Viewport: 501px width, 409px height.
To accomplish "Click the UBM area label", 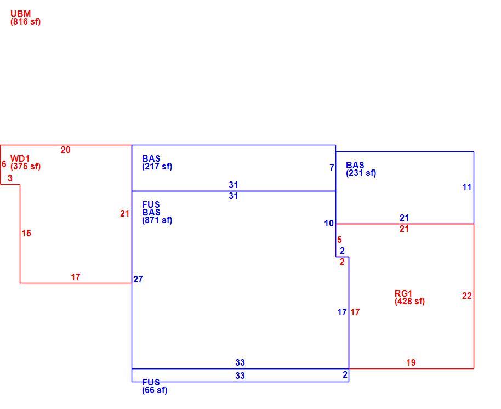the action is [20, 14].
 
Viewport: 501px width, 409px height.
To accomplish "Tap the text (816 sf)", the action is [26, 22].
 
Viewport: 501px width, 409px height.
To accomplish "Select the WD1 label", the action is [20, 158].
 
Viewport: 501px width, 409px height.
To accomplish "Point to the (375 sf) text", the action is [26, 167].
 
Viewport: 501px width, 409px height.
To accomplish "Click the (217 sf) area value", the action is [157, 167].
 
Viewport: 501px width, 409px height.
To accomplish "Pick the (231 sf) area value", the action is [361, 173].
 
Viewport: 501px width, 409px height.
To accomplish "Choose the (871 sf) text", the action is [157, 220].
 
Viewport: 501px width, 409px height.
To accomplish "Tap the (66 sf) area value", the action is [155, 390].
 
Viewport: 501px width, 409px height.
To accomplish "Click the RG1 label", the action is [403, 293].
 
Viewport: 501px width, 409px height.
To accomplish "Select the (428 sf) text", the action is [410, 302].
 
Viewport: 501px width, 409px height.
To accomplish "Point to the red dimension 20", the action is [65, 150].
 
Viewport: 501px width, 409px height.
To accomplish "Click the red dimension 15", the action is [26, 233].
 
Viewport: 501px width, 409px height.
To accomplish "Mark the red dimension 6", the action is [4, 164].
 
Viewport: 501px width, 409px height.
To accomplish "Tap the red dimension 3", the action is [10, 178].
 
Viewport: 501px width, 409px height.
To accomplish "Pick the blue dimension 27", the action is [138, 279].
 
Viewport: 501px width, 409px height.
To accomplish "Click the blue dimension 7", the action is [332, 167].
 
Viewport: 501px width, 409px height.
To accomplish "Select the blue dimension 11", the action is [467, 188].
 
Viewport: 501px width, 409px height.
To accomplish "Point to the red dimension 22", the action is [467, 296].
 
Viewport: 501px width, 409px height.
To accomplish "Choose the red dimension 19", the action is [411, 362].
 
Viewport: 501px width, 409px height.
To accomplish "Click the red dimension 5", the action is [339, 240].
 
